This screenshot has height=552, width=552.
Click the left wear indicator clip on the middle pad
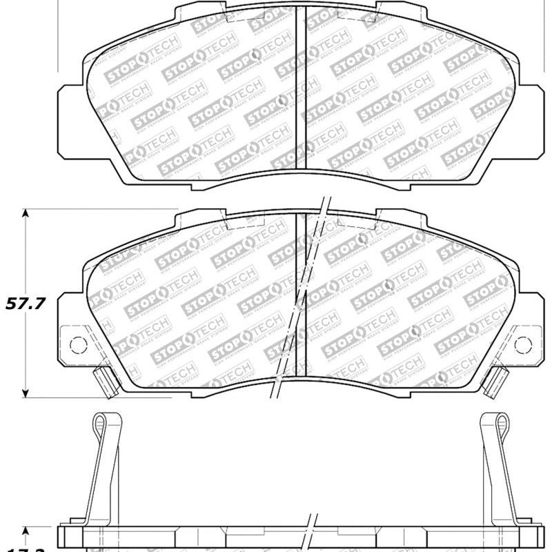[105, 381]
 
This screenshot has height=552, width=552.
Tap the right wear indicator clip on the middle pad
[495, 381]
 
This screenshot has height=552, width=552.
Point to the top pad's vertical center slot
[301, 90]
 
